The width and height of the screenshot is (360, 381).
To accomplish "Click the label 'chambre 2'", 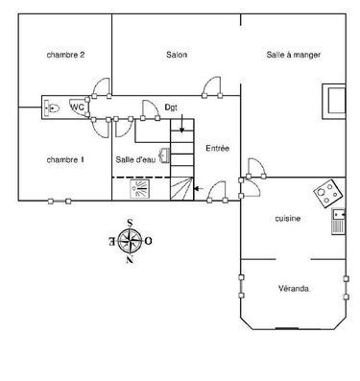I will click(66, 56).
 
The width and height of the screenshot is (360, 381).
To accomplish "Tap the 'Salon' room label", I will click(176, 56).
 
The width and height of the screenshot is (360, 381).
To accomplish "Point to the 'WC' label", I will click(77, 107).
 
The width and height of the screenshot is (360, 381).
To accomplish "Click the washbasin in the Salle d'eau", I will click(165, 154).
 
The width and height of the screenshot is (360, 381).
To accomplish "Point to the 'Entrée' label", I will click(217, 147).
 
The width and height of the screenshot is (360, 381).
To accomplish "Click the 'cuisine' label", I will click(287, 219).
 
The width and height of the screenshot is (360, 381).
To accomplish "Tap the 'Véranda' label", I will click(295, 287).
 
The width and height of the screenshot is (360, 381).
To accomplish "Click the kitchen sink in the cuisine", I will click(338, 223).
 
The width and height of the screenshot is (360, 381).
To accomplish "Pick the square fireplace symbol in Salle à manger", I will click(333, 99).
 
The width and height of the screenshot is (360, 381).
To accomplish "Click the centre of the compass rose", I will click(130, 239).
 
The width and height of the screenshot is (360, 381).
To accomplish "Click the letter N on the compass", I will click(130, 256).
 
